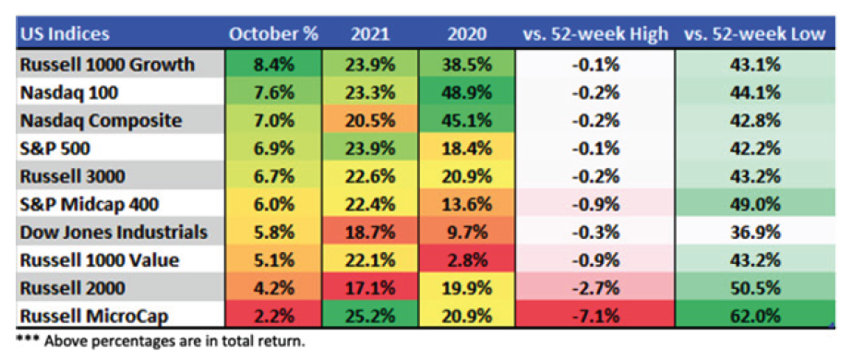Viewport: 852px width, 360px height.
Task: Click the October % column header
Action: (273, 34)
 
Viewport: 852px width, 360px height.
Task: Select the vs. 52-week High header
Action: (595, 34)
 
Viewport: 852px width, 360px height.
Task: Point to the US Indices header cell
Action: (65, 34)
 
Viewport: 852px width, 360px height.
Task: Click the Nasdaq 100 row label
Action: (69, 93)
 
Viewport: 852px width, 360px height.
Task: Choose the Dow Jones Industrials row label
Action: (114, 233)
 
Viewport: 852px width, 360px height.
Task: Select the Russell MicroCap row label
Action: (93, 316)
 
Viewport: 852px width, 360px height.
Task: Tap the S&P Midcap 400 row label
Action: (90, 205)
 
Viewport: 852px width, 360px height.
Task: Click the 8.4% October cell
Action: (273, 65)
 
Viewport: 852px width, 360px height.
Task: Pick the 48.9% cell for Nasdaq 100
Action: (467, 93)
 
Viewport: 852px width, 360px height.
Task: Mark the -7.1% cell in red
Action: (595, 316)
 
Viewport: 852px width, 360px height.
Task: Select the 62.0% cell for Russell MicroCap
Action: (756, 316)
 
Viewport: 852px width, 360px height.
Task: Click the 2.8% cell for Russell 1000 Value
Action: (467, 260)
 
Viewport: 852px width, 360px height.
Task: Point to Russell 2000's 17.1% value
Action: (370, 288)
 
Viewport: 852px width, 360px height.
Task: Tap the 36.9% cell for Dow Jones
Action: (756, 233)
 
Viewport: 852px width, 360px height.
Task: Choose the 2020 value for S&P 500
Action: (467, 149)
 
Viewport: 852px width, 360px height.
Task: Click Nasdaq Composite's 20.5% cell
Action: (370, 121)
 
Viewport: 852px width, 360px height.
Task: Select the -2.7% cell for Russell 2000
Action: (595, 288)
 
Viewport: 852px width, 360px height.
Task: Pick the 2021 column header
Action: (370, 34)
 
